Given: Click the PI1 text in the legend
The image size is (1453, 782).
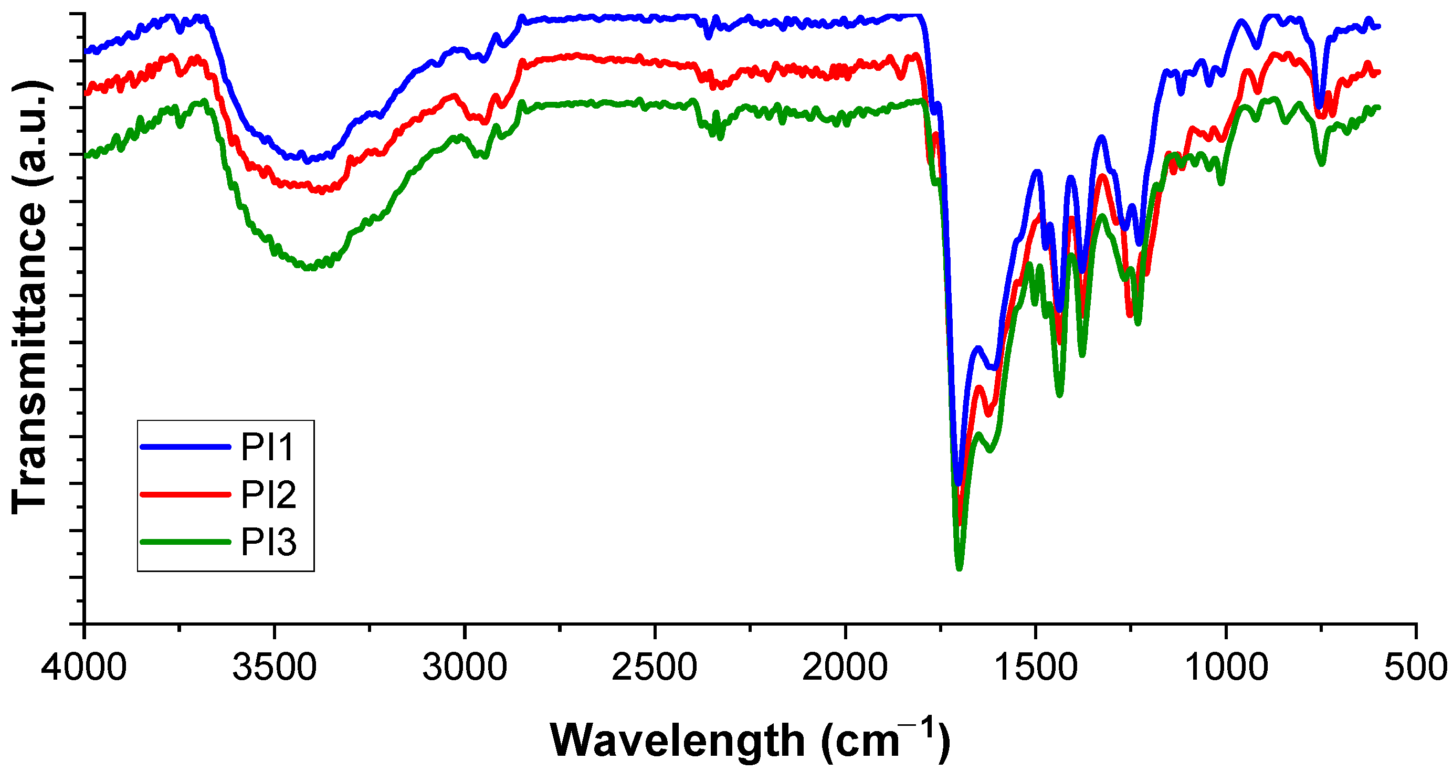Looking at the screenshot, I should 268,447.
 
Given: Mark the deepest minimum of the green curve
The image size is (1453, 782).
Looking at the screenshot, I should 960,568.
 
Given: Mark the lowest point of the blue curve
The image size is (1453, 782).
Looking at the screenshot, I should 959,483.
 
